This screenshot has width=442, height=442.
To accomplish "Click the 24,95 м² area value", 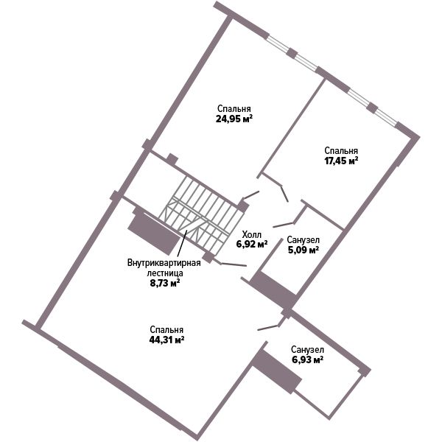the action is coord(234,119).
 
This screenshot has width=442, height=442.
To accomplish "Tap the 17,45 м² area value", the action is coord(341,161).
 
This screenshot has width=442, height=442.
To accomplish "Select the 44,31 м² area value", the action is coord(166,340).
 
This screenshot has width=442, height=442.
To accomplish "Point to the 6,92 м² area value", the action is coord(252,244).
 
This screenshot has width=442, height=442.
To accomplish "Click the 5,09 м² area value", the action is coord(304,250).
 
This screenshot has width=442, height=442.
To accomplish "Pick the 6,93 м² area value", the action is coord(307,359).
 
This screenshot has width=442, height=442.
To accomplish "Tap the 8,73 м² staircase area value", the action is coord(165,283).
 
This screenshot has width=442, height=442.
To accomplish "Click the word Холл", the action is coord(252,234).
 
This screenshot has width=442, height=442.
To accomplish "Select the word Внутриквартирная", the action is coord(164,263).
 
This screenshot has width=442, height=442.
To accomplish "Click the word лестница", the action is coord(165,273).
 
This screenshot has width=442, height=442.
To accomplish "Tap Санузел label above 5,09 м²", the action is coord(304,240).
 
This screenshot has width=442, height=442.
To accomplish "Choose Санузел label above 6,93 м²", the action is coord(307,350).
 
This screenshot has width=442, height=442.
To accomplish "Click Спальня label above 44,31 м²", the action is coord(166,330).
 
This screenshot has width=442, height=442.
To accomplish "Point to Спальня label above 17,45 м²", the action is coord(341,151).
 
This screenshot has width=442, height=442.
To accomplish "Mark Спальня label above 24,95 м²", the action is coord(234,109).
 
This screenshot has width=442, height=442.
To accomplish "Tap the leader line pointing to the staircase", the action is coord(182,244).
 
